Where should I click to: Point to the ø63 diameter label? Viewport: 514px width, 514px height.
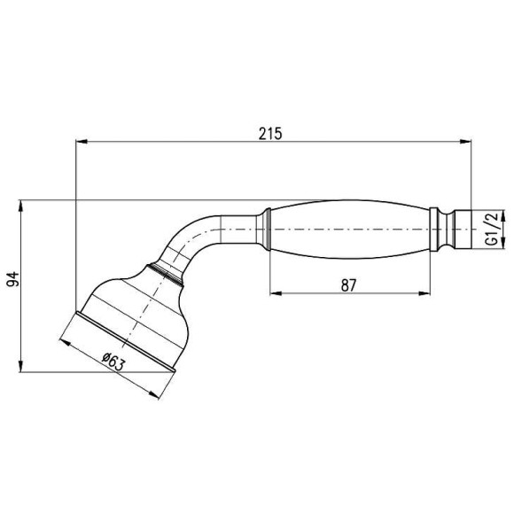point(113,360)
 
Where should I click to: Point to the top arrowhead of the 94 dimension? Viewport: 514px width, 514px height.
point(19,205)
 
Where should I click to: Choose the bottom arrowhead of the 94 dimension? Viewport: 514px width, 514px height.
point(19,367)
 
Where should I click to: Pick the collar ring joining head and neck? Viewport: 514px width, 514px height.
point(168,270)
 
